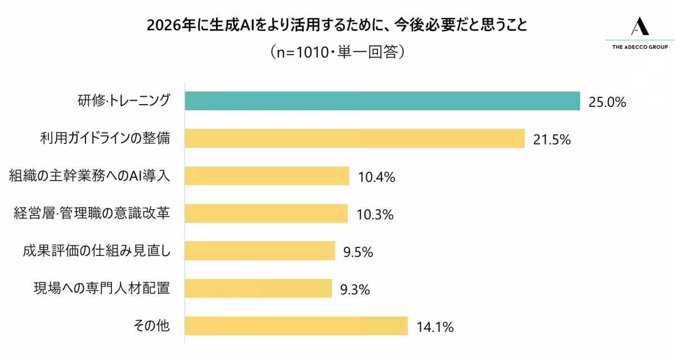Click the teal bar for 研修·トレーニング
coord(382,101)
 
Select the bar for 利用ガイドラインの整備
coord(354,138)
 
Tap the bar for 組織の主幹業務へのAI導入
coord(267,176)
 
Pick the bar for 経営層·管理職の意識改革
coord(266,214)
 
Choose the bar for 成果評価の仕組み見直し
coord(260,251)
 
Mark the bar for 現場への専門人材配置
coord(258,289)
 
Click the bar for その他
coord(296,326)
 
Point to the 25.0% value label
coord(607,102)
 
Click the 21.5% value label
coord(552,139)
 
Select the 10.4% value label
coord(376,177)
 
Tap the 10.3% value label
coord(375,214)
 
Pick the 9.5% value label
coord(358,252)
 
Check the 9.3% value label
coord(355,290)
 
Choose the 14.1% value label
coord(435,327)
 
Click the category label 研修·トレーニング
coord(123,101)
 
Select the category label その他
coord(151,326)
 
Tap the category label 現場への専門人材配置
coord(102,289)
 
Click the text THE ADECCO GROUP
coord(640,47)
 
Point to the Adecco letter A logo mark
coord(640,26)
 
